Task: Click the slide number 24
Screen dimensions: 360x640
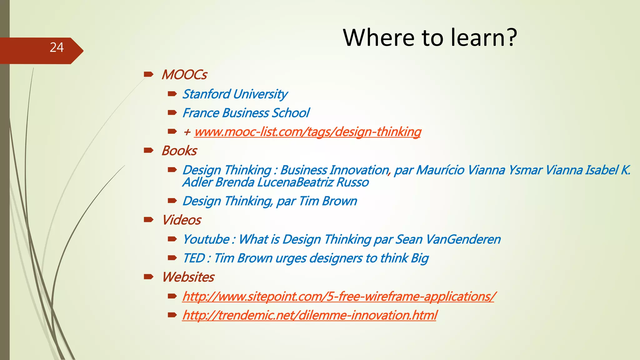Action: (57, 47)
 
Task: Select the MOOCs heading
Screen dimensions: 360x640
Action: (184, 75)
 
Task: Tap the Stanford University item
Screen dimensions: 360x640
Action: (235, 94)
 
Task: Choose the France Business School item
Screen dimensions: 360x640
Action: (246, 113)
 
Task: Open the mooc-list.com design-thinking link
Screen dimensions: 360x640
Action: (307, 132)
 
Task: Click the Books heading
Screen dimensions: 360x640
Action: (179, 151)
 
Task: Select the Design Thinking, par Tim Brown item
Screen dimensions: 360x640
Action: (270, 201)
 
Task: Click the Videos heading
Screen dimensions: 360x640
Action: (182, 220)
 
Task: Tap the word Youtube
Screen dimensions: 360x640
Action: (206, 239)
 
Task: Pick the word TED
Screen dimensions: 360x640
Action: (193, 258)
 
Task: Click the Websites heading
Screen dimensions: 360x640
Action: (188, 277)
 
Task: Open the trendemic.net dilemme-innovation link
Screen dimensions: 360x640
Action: (309, 315)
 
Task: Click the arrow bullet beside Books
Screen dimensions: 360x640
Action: (148, 151)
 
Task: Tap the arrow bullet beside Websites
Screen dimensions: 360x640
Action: (148, 277)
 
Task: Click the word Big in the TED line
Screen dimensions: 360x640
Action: (420, 258)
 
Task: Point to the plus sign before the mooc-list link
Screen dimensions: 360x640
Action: (187, 132)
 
